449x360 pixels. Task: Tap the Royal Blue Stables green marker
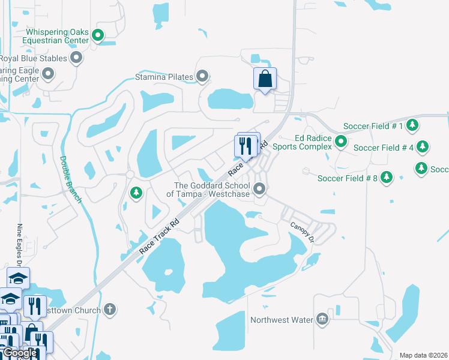76,58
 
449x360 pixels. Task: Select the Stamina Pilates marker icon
203,77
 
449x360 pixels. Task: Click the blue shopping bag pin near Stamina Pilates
265,79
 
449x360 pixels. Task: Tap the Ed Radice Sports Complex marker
341,142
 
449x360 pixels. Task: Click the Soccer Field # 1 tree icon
412,126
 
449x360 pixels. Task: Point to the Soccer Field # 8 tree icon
387,178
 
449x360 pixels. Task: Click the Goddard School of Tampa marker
259,189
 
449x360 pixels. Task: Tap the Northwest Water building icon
322,319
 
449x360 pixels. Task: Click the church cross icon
109,310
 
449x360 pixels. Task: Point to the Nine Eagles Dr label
20,242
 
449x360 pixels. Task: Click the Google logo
19,353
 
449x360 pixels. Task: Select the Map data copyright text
423,355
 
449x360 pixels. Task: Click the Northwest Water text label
282,320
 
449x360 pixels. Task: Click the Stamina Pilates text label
164,77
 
